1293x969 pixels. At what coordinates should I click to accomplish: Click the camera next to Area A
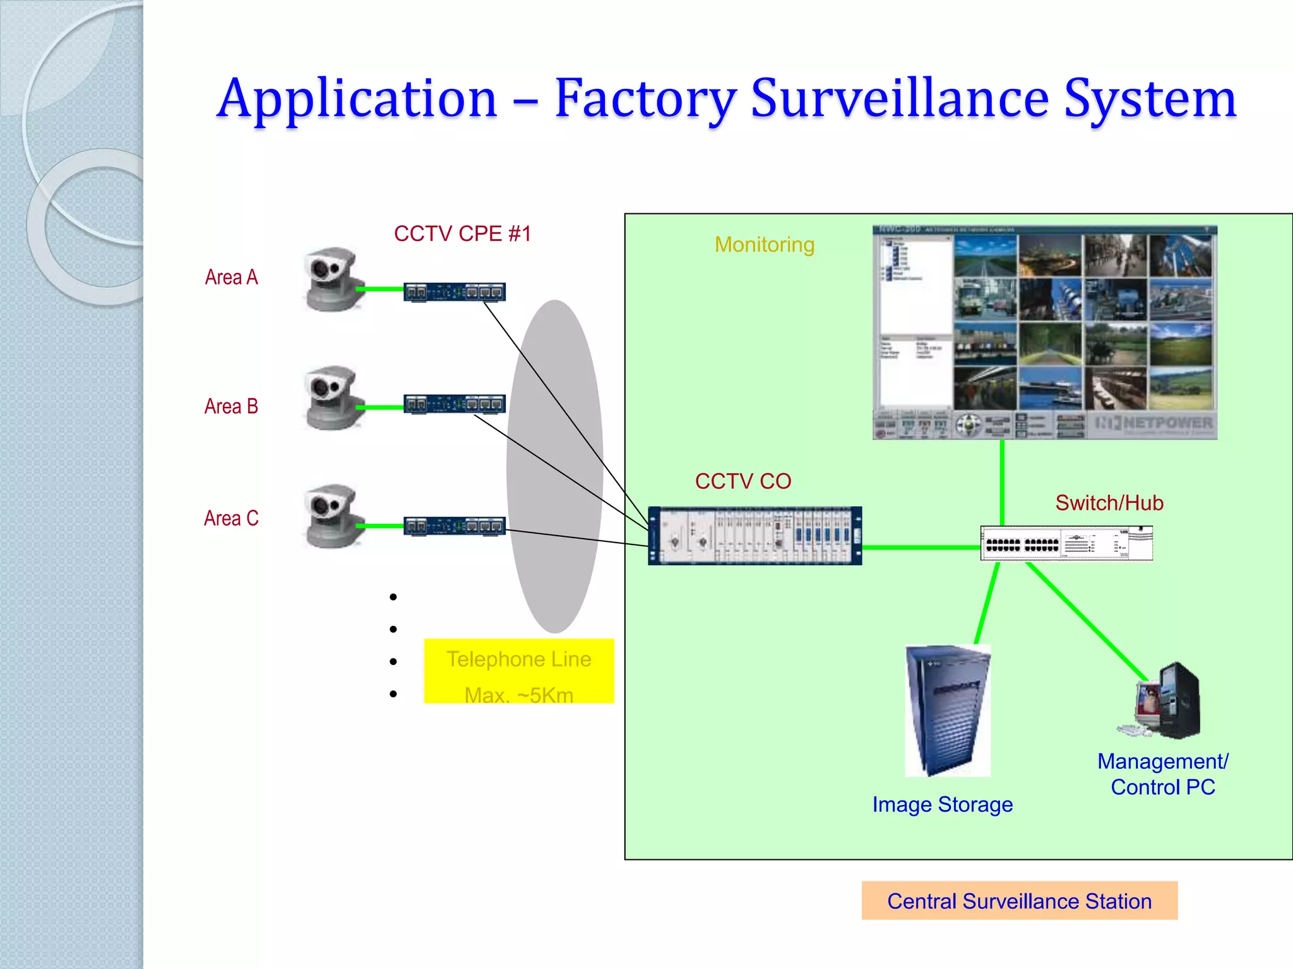pyautogui.click(x=333, y=279)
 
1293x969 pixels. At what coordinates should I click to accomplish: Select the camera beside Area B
pyautogui.click(x=333, y=398)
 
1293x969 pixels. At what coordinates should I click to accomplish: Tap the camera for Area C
pyautogui.click(x=333, y=517)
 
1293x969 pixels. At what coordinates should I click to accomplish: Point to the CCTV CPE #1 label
pyautogui.click(x=462, y=234)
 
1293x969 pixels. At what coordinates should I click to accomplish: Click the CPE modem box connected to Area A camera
pyautogui.click(x=455, y=292)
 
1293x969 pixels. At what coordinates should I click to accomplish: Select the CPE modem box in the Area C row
pyautogui.click(x=455, y=526)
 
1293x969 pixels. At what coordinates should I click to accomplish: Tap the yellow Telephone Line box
pyautogui.click(x=518, y=671)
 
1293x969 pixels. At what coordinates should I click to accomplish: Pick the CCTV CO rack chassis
pyautogui.click(x=755, y=536)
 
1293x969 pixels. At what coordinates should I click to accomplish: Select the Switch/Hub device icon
pyautogui.click(x=1066, y=543)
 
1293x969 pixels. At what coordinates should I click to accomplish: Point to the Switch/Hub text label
pyautogui.click(x=1109, y=503)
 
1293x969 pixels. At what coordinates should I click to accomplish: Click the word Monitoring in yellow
pyautogui.click(x=764, y=245)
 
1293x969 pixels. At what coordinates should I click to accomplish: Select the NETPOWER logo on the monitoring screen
pyautogui.click(x=1155, y=423)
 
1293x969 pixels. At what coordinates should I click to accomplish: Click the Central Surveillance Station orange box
pyautogui.click(x=1019, y=901)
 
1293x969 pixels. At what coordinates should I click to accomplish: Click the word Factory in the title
pyautogui.click(x=645, y=99)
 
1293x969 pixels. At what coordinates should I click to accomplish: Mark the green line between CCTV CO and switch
pyautogui.click(x=921, y=548)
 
